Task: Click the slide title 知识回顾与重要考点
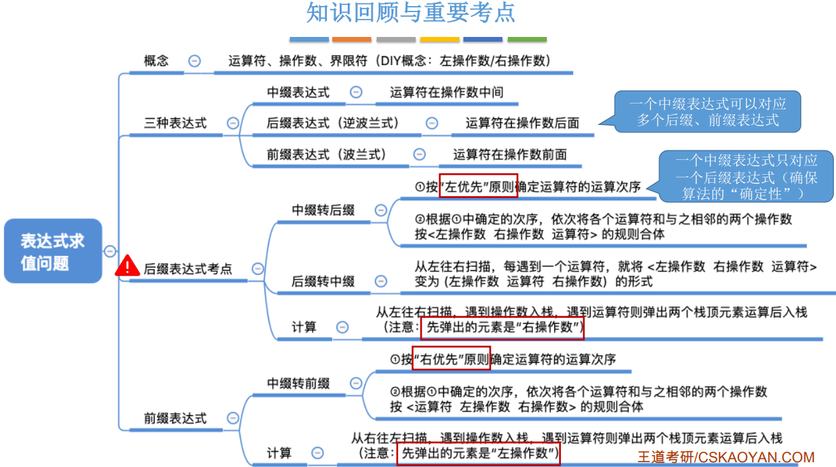click(x=411, y=13)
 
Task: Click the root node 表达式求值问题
click(x=52, y=251)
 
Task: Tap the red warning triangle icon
click(x=127, y=267)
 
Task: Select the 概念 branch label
click(x=156, y=60)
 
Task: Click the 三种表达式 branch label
click(x=176, y=123)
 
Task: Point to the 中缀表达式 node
click(x=299, y=92)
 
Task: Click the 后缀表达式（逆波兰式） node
click(x=333, y=123)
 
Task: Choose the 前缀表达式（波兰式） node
click(x=327, y=154)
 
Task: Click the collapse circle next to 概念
click(x=194, y=60)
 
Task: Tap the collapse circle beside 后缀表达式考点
click(x=258, y=268)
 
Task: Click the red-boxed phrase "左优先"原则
click(x=478, y=186)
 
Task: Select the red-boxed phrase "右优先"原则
click(x=452, y=359)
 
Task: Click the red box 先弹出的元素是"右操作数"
click(x=502, y=328)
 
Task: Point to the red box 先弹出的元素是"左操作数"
click(x=478, y=453)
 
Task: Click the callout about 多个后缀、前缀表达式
click(x=708, y=112)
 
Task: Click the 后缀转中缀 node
click(x=323, y=282)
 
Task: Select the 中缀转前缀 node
click(x=299, y=383)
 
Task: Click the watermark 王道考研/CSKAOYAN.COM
click(x=726, y=457)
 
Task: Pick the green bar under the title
click(x=527, y=40)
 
